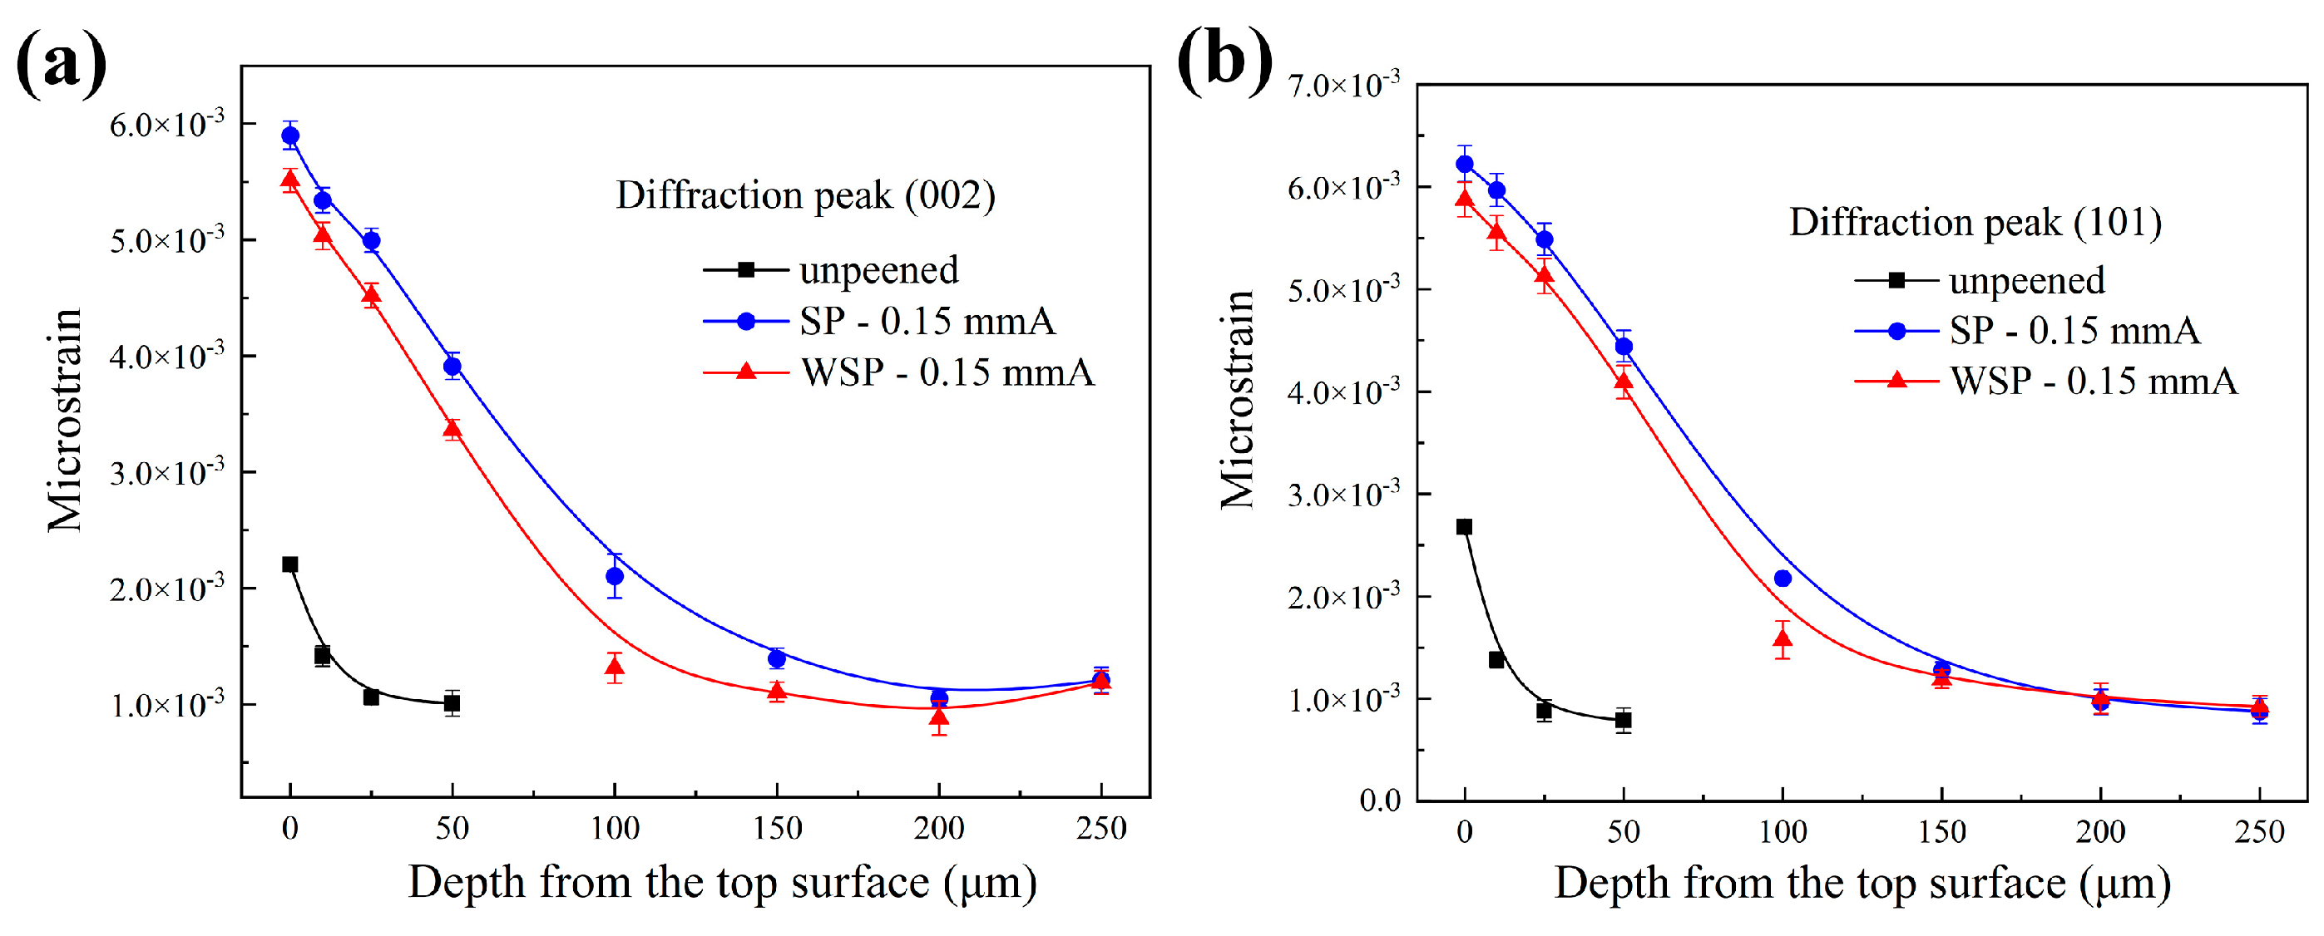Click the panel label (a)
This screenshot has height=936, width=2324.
[61, 63]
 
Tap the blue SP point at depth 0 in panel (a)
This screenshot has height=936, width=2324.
[290, 136]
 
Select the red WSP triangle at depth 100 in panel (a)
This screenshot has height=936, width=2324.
[615, 668]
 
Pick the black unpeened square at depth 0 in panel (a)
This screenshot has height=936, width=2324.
[289, 564]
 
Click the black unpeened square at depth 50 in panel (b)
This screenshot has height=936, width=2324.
[1623, 720]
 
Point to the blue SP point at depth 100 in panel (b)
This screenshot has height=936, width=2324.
[1782, 579]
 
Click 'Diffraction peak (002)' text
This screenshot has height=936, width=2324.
[804, 195]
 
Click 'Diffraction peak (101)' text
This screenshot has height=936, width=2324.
[1975, 222]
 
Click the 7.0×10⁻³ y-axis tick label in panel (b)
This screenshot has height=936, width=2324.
[1343, 85]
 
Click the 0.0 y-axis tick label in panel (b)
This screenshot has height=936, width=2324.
[1379, 800]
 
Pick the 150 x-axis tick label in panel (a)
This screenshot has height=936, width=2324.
[777, 828]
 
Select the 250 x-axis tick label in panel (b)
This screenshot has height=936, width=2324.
[2259, 830]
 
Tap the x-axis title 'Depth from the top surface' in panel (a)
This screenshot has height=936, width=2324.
[722, 882]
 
